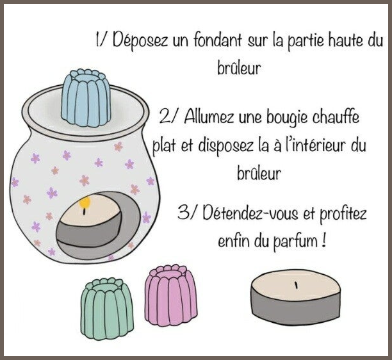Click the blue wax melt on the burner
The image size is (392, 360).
pos(86,98)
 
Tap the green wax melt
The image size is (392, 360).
pos(107,309)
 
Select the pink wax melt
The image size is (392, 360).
pos(171,295)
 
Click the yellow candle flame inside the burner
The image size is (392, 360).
pos(85,202)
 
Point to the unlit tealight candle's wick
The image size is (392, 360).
pos(297,285)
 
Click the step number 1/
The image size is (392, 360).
pos(101,40)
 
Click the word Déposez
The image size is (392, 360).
pos(140,40)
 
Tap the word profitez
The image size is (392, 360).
pos(343,214)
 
